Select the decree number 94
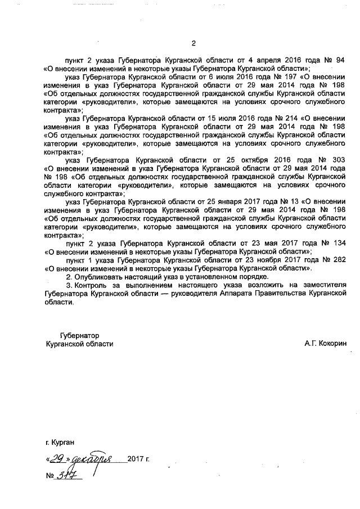pyautogui.click(x=340, y=59)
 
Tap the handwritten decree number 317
pyautogui.click(x=69, y=475)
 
